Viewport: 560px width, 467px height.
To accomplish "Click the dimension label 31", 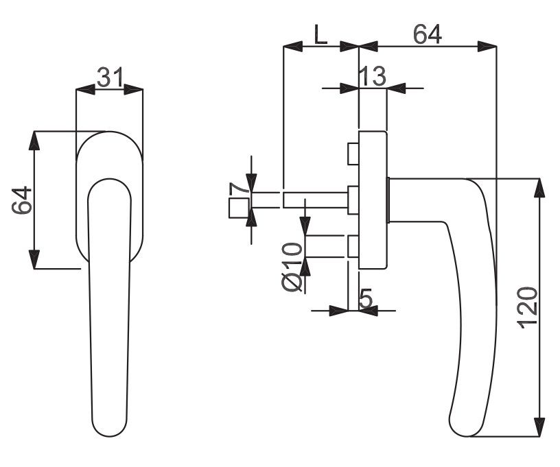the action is tap(110, 77).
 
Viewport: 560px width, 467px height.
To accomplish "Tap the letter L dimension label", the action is tap(320, 34).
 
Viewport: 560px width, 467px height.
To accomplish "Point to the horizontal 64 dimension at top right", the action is tap(428, 34).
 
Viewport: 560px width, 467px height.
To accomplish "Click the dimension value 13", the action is tap(372, 76).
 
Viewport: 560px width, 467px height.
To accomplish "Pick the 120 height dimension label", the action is tap(528, 307).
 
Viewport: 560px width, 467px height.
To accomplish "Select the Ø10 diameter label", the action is tap(292, 267).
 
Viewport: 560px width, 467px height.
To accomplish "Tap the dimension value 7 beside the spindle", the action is tap(240, 188).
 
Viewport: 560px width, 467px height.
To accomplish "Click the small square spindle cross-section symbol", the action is tap(239, 208).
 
